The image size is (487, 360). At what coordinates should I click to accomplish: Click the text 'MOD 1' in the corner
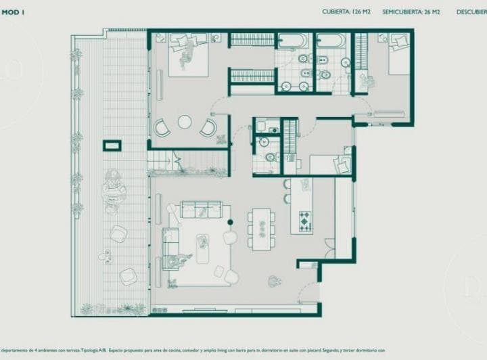13,12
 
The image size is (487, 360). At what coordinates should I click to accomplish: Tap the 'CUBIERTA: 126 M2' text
346,12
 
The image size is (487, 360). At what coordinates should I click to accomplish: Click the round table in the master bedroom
185,122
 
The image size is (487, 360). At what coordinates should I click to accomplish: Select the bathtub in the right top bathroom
331,42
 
